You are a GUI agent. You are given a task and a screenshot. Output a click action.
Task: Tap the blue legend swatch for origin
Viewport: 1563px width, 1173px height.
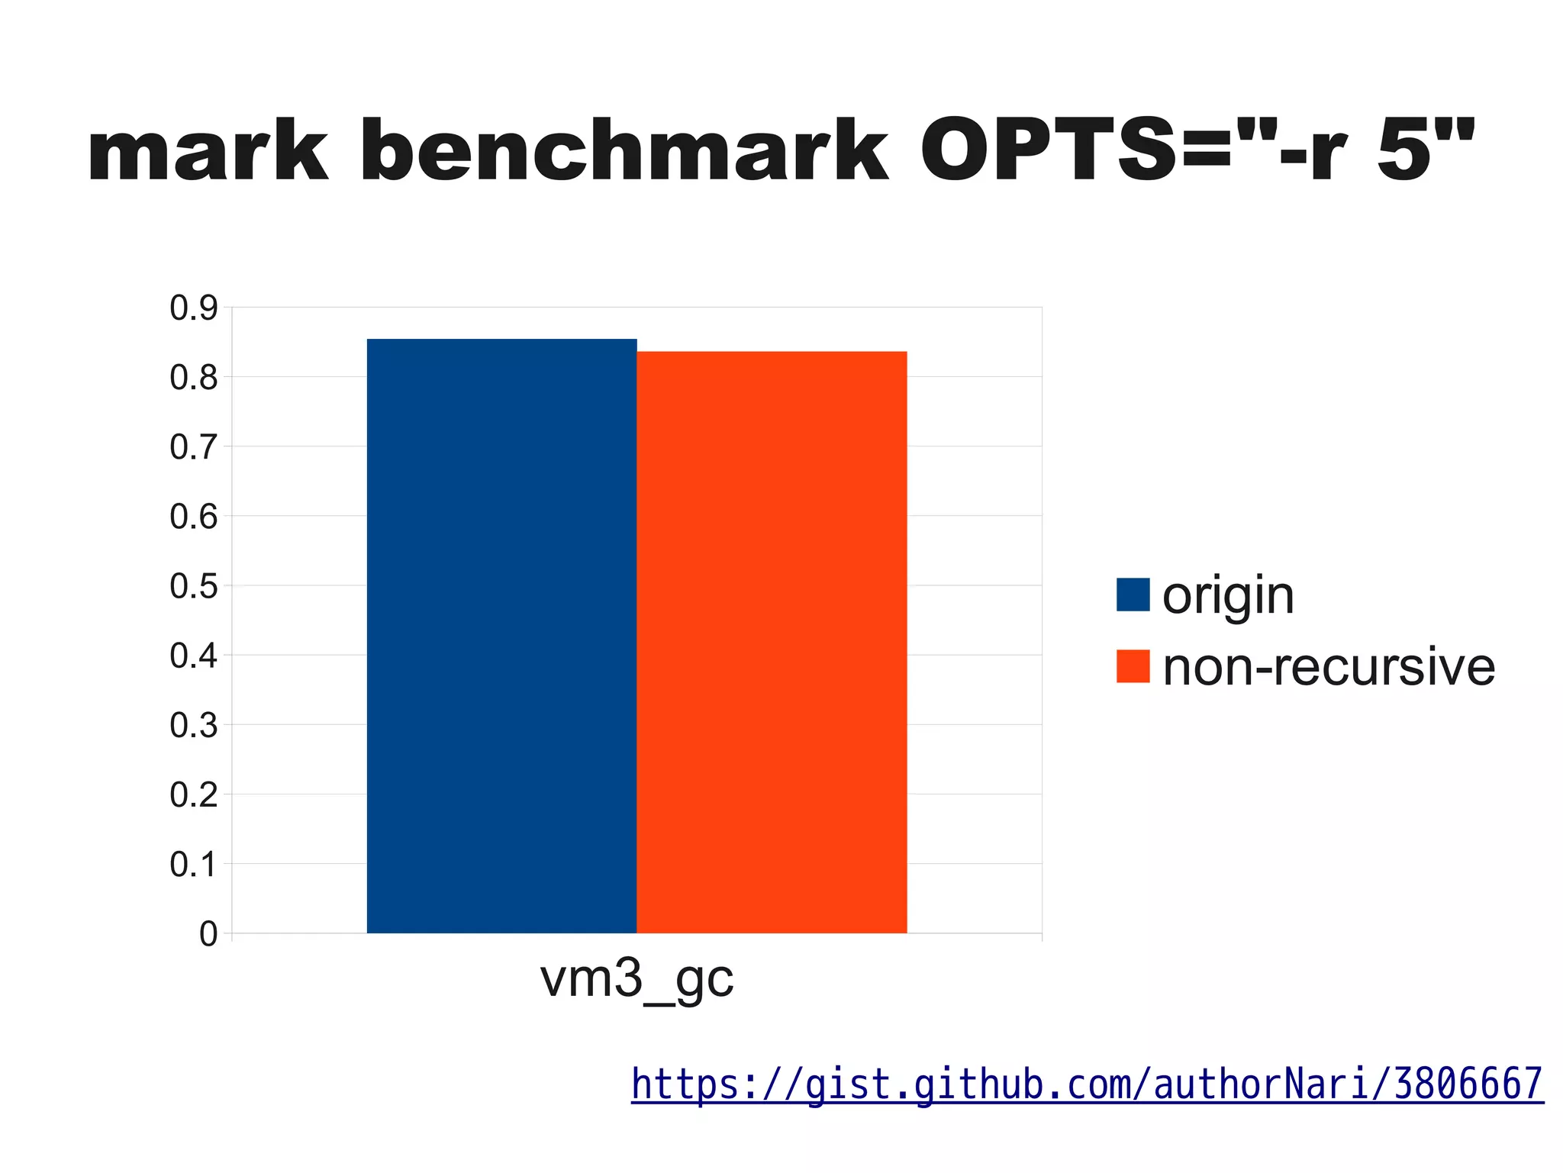pyautogui.click(x=1133, y=595)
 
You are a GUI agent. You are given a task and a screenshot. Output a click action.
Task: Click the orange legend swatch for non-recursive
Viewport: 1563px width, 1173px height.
pyautogui.click(x=1133, y=666)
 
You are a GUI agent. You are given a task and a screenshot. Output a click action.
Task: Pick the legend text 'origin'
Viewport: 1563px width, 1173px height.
pyautogui.click(x=1228, y=596)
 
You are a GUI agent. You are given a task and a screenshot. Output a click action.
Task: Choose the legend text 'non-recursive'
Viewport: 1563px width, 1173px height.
pyautogui.click(x=1328, y=668)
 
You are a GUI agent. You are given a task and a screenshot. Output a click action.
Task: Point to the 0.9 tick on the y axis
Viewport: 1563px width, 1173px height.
pyautogui.click(x=194, y=308)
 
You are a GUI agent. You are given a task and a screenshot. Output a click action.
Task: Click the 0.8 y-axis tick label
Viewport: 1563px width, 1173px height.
pyautogui.click(x=194, y=378)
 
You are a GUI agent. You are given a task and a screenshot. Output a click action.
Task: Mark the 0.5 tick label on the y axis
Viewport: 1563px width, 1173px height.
pyautogui.click(x=194, y=586)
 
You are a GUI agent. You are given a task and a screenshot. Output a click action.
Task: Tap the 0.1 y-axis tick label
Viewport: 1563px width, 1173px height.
pyautogui.click(x=194, y=865)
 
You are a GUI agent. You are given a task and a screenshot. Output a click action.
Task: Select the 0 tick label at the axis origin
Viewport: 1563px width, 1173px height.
pyautogui.click(x=208, y=934)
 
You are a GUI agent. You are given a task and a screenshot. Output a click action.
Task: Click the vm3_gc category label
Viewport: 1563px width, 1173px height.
pyautogui.click(x=636, y=980)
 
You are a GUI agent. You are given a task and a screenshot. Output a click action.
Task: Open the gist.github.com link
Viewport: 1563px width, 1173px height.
pyautogui.click(x=1088, y=1084)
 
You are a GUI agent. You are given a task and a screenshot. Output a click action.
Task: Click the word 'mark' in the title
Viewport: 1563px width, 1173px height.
pyautogui.click(x=208, y=153)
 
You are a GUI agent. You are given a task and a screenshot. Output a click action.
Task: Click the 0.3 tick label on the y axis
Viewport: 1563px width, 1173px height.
pyautogui.click(x=194, y=726)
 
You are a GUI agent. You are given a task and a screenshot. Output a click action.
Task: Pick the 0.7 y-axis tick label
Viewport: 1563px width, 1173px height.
pyautogui.click(x=194, y=447)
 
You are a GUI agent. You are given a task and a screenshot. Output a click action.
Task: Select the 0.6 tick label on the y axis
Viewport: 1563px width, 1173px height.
pyautogui.click(x=194, y=517)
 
